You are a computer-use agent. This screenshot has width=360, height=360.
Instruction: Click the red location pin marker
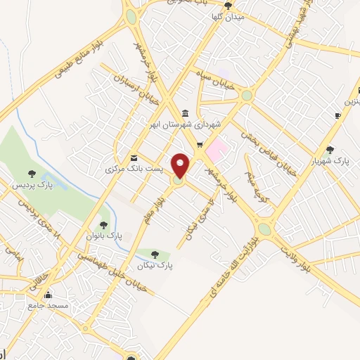click(x=181, y=165)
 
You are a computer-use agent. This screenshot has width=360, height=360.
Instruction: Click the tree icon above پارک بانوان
click(x=103, y=225)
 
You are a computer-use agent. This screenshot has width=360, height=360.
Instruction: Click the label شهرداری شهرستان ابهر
click(x=185, y=124)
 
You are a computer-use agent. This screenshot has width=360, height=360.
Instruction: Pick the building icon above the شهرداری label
click(x=185, y=113)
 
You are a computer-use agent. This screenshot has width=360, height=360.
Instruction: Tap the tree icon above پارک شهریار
click(x=330, y=149)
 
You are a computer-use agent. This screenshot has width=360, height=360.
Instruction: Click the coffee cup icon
click(x=337, y=115)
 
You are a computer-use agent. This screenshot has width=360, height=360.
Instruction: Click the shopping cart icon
click(x=200, y=146)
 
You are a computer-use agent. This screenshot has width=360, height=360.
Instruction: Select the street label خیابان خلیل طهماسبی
click(x=122, y=268)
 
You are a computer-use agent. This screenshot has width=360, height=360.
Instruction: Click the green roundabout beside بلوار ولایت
click(x=264, y=229)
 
